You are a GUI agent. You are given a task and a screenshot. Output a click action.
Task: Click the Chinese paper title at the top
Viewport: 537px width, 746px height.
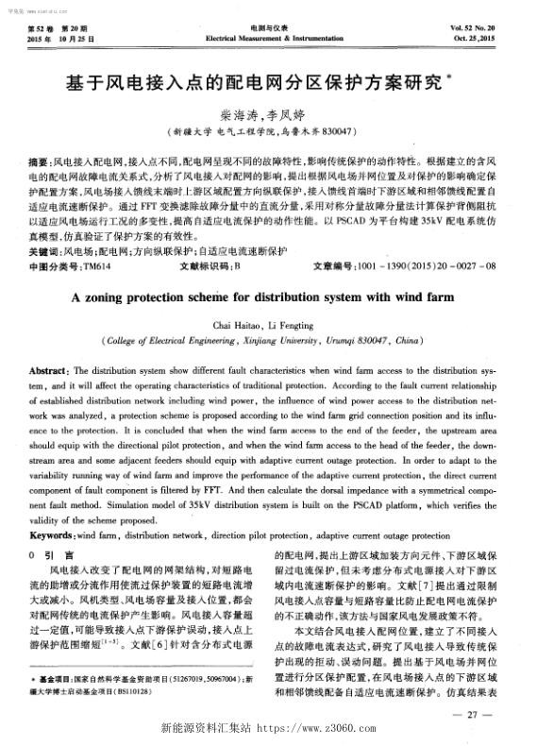coord(267,84)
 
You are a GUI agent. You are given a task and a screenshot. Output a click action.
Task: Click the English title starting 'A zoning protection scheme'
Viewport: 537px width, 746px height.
coord(267,269)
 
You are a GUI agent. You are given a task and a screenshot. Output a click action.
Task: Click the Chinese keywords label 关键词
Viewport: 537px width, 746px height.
coord(43,227)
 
